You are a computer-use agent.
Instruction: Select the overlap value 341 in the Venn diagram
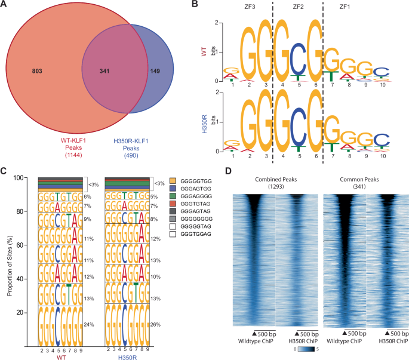click(x=107, y=71)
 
